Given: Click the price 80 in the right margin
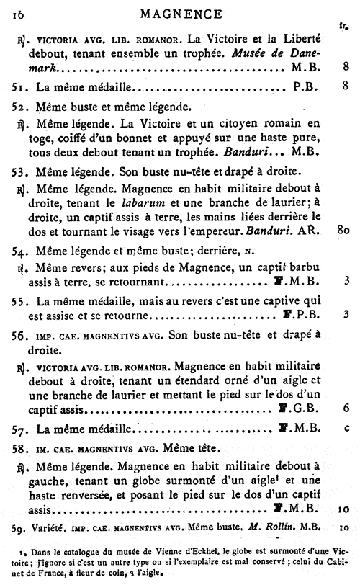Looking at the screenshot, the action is (x=343, y=231).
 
